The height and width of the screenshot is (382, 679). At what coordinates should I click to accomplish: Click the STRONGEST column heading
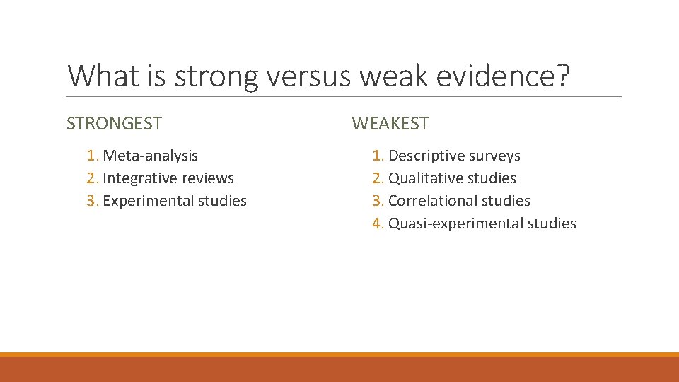pos(114,124)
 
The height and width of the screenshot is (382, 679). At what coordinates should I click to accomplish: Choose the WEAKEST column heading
pos(390,124)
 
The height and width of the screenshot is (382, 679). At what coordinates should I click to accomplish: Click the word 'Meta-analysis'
pos(150,156)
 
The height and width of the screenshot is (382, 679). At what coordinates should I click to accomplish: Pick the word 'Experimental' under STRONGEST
pos(148,201)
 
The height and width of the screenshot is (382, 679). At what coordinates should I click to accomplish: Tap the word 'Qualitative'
pos(424,178)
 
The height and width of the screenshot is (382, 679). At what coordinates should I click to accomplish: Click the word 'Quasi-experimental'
pos(453,224)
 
